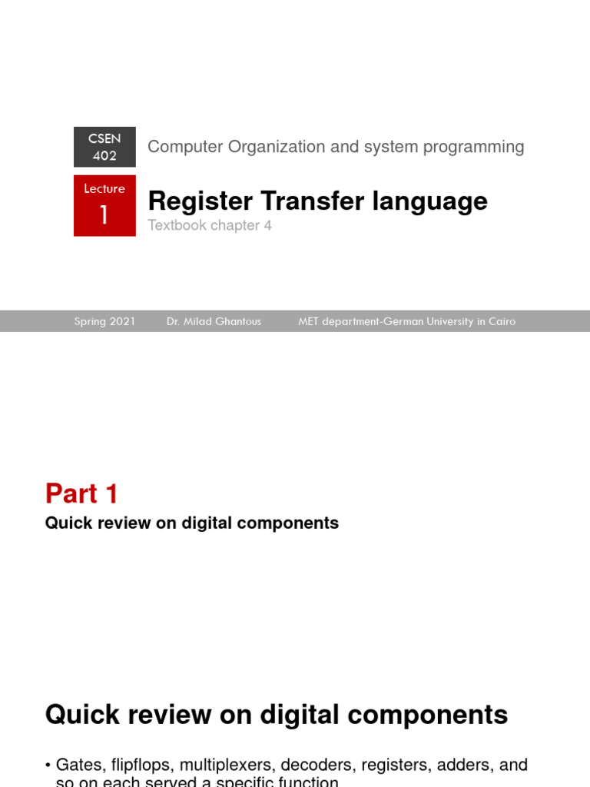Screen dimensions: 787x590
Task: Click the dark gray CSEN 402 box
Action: [104, 147]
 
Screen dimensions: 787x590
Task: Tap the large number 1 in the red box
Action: [104, 215]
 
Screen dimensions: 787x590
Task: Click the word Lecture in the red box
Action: [104, 189]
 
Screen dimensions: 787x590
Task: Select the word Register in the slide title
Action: [201, 201]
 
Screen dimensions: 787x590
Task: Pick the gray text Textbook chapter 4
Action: [210, 226]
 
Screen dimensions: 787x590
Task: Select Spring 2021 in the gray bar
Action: [104, 321]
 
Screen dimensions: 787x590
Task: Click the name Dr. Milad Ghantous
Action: [214, 321]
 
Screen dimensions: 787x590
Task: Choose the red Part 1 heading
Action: [81, 493]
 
